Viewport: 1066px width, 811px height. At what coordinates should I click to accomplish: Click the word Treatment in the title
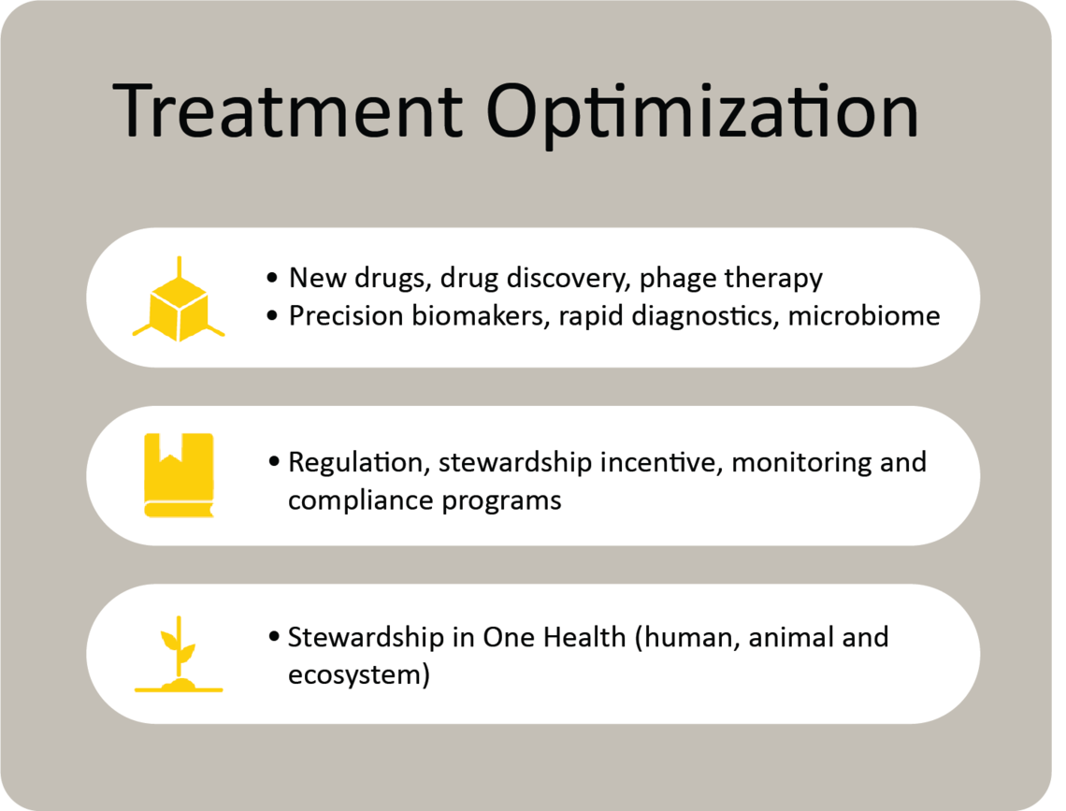pyautogui.click(x=287, y=110)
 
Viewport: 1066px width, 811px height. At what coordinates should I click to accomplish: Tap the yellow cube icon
pyautogui.click(x=179, y=298)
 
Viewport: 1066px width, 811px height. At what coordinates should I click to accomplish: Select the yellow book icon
pyautogui.click(x=179, y=475)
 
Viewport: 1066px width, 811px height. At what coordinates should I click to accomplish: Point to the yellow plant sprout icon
pyautogui.click(x=179, y=654)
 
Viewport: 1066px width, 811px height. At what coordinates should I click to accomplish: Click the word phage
pyautogui.click(x=678, y=279)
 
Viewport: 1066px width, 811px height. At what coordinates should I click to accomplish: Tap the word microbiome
pyautogui.click(x=864, y=316)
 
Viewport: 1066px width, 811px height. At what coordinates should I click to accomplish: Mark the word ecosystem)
pyautogui.click(x=359, y=675)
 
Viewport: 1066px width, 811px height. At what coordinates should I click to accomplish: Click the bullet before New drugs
pyautogui.click(x=273, y=278)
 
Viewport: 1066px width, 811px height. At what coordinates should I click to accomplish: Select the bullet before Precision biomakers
pyautogui.click(x=273, y=316)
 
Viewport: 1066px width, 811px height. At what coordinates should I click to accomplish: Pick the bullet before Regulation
pyautogui.click(x=274, y=462)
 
